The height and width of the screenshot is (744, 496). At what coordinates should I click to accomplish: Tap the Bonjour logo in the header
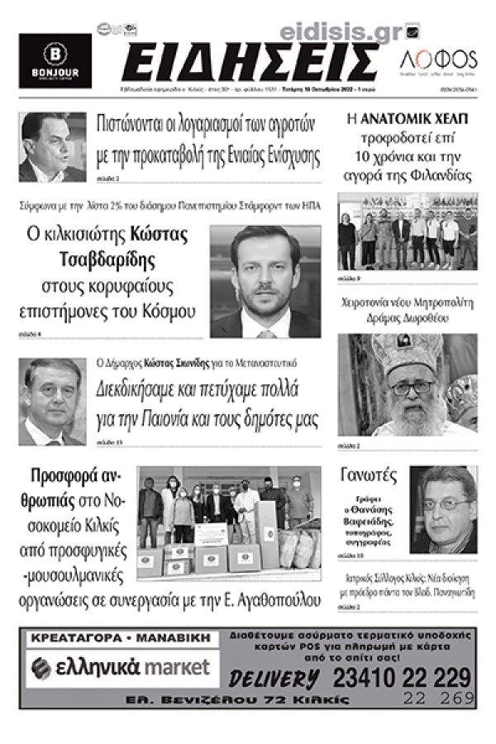tap(55, 61)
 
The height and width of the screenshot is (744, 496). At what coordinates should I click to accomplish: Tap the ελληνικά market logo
tap(124, 667)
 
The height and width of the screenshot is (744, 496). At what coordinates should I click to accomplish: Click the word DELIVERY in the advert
tap(274, 680)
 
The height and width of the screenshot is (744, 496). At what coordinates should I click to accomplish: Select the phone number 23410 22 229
tap(396, 679)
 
